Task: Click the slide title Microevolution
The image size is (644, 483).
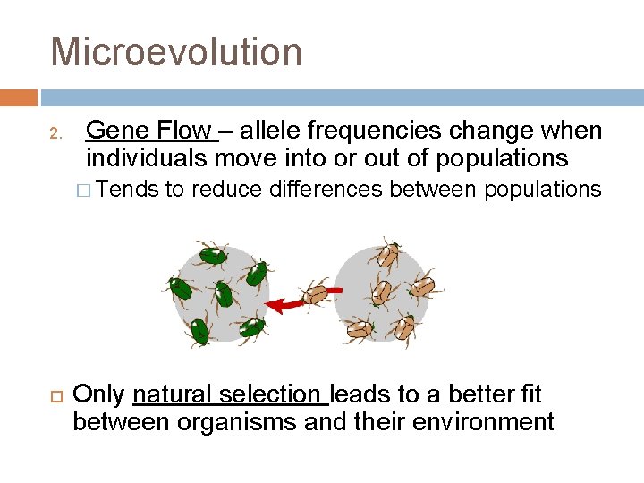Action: [176, 52]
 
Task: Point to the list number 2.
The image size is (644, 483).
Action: [55, 135]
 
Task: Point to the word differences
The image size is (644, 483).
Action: [328, 189]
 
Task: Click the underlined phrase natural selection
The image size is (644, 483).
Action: [229, 394]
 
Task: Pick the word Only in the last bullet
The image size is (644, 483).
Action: [99, 394]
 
